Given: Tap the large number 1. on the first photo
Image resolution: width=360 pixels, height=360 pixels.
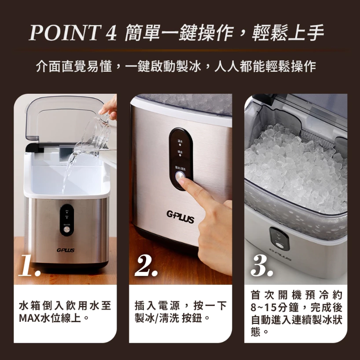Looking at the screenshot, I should click(x=30, y=265).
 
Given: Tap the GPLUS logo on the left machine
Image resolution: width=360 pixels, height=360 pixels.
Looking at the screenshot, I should click(x=65, y=250).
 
